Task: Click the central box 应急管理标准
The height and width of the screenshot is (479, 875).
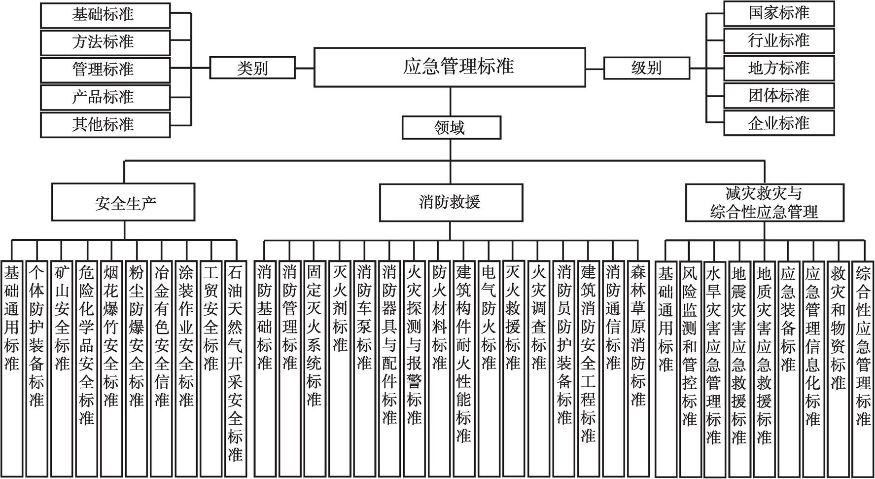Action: click(x=450, y=67)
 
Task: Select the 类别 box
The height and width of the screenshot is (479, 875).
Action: click(x=252, y=68)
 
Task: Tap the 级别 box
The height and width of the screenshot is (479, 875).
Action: click(x=647, y=68)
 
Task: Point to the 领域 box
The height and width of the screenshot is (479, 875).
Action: click(x=452, y=128)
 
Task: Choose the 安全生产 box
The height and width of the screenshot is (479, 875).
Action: click(x=123, y=202)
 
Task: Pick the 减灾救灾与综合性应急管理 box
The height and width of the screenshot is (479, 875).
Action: click(x=765, y=203)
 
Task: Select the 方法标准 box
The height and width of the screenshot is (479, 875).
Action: click(x=105, y=42)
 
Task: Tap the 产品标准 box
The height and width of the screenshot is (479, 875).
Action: click(x=105, y=97)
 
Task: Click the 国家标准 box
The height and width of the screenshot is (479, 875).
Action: click(x=779, y=13)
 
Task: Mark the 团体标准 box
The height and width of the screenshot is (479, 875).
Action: click(x=779, y=95)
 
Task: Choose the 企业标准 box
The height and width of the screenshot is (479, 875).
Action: click(x=779, y=123)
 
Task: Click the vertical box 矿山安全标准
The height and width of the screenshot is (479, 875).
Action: click(x=62, y=368)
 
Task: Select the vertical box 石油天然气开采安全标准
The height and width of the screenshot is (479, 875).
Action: click(x=235, y=368)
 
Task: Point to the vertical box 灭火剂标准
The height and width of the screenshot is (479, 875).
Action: click(x=339, y=368)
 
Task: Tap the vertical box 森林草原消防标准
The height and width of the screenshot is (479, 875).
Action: click(x=638, y=368)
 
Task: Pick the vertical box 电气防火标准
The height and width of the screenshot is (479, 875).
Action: click(x=489, y=368)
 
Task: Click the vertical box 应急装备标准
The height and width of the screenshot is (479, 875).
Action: click(x=788, y=368)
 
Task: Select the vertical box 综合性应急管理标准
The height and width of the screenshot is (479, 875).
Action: click(x=863, y=368)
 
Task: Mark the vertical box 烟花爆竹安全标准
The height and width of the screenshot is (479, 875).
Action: click(x=111, y=368)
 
